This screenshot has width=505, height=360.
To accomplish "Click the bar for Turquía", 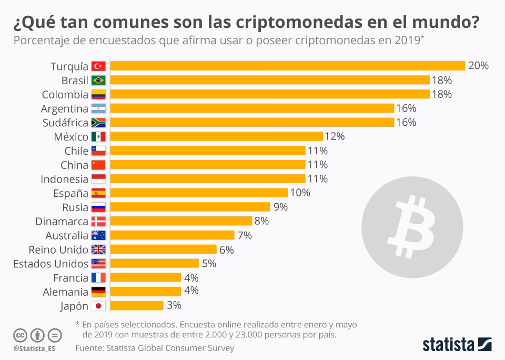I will pos(288,66).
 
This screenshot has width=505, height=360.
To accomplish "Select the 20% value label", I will pos(478,66).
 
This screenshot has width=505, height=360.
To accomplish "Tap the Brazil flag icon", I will pos(98,81).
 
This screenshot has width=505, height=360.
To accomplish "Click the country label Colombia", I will pos(65,95).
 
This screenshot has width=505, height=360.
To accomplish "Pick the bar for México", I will pos(216,136).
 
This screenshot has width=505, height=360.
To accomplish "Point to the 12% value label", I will pos(335,136).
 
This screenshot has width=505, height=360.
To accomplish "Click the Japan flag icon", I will pos(98,306).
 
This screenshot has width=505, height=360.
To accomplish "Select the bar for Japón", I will pos(137,305).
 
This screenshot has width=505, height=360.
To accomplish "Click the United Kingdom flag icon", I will pos(98,249).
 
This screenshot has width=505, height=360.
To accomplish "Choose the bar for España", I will pos(199,193).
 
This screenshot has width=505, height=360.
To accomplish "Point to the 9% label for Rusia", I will pos(280,207).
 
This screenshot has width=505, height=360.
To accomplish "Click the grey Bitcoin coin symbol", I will pos(412,222).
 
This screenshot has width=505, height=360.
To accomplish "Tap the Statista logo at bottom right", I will pos(457,345).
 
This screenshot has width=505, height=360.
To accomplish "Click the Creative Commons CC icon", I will pos(20,335).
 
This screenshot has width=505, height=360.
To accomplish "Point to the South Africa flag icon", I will pos(98,123).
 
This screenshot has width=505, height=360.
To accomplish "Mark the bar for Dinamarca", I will pos(181,221).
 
